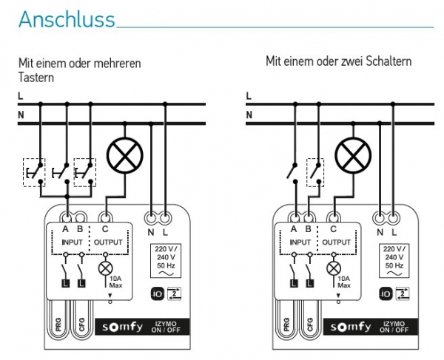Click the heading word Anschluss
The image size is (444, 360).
point(67,19)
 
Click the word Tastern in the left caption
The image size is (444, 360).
point(36,78)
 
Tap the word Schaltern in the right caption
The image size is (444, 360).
point(388,61)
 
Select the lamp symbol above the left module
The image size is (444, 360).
point(124,155)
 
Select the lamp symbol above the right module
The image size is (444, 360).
point(353,155)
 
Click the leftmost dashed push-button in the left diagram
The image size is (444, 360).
point(34,172)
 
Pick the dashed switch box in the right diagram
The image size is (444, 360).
point(315,172)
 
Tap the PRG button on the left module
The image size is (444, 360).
point(58,325)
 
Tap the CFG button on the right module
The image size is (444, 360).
point(310,325)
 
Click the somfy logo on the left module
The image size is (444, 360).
point(122,327)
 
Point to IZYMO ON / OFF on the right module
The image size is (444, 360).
point(394,327)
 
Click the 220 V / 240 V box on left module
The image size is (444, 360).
point(166,260)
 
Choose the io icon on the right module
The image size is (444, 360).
point(386,293)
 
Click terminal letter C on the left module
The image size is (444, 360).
point(105,228)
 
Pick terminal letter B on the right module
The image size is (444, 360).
point(309,228)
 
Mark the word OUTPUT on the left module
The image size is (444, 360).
point(108,242)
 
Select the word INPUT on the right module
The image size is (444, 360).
point(300,242)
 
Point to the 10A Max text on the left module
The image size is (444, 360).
point(116,282)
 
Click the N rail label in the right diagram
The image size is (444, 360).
point(249,115)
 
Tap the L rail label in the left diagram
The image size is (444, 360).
point(21,96)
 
